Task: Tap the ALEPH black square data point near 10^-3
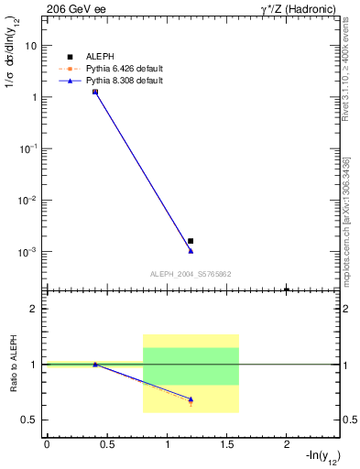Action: point(191,241)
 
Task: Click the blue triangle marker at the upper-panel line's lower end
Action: point(191,250)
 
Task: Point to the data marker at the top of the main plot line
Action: point(95,92)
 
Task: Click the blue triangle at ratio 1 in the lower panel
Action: point(95,364)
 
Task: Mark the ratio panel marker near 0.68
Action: point(191,399)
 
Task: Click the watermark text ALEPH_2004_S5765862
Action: point(190,274)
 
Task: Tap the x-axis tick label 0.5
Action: point(107,444)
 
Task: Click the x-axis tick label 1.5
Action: point(227,444)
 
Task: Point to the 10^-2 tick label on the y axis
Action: point(28,200)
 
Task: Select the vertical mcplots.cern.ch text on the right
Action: point(349,220)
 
